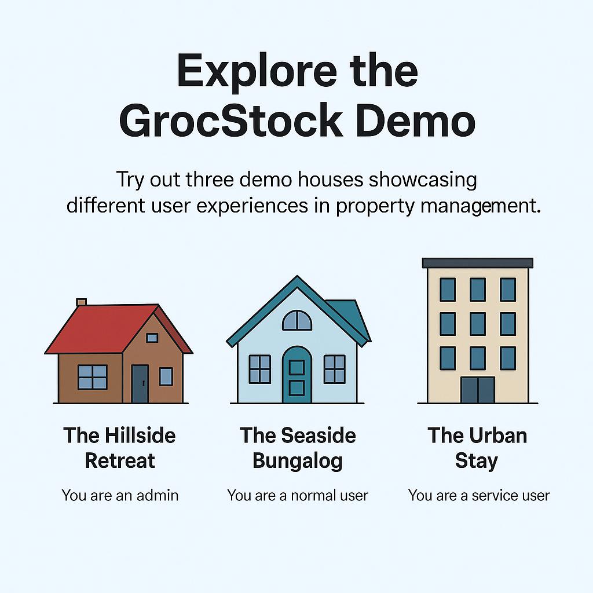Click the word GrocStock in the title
pyautogui.click(x=230, y=120)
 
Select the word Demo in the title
pyautogui.click(x=415, y=120)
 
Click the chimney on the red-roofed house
pyautogui.click(x=81, y=302)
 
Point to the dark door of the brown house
pyautogui.click(x=140, y=383)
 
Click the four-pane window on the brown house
pyautogui.click(x=92, y=377)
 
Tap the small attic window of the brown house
pyautogui.click(x=152, y=338)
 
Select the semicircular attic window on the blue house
pyautogui.click(x=297, y=320)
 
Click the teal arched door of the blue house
pyautogui.click(x=297, y=375)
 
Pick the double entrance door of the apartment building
pyautogui.click(x=478, y=390)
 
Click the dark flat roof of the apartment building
pyautogui.click(x=477, y=263)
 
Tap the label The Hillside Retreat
pyautogui.click(x=119, y=448)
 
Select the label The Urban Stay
pyautogui.click(x=477, y=448)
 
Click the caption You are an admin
pyautogui.click(x=120, y=495)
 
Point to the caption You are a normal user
pyautogui.click(x=298, y=495)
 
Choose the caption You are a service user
pyautogui.click(x=479, y=495)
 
